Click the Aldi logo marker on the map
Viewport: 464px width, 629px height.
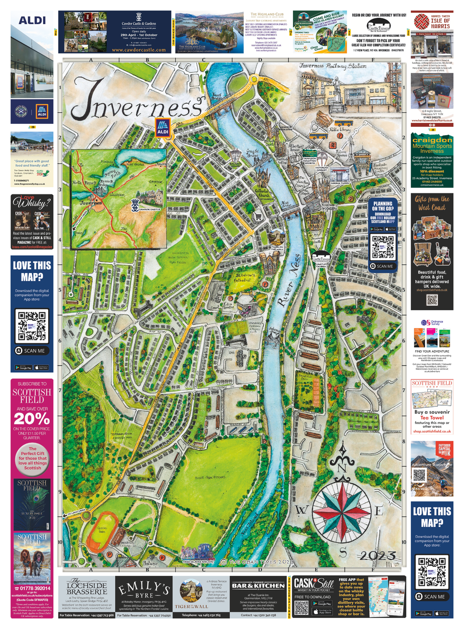(161, 127)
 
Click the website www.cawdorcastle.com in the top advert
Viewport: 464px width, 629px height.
(139, 50)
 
